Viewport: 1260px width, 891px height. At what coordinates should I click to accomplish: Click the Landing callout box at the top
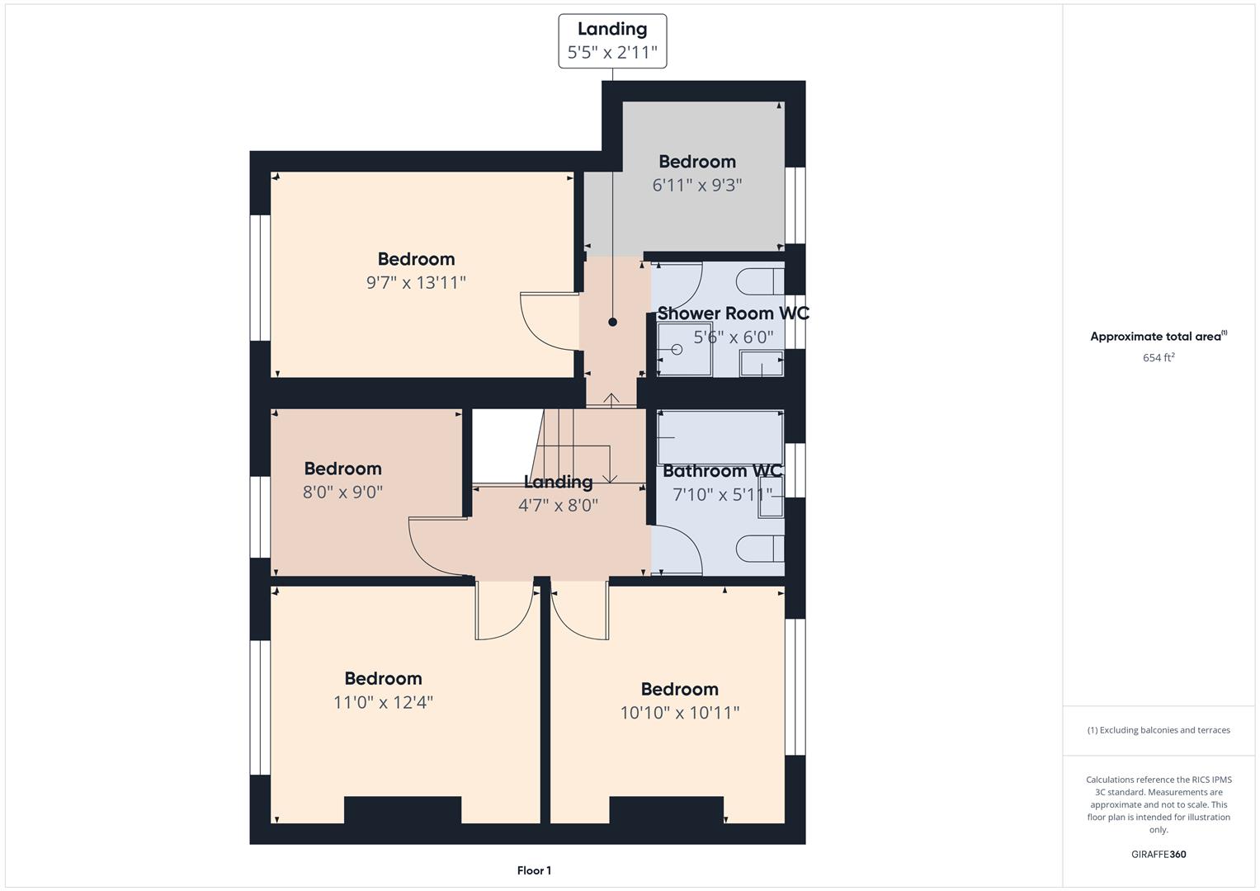(612, 41)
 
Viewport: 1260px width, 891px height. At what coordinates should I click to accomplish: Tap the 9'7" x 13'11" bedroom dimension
(416, 282)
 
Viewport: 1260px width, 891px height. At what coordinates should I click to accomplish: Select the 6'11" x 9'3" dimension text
(697, 185)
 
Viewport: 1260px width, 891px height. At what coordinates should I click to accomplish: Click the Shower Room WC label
(733, 313)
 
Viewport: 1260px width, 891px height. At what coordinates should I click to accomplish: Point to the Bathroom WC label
(722, 471)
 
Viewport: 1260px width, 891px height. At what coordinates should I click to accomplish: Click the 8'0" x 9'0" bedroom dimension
(342, 493)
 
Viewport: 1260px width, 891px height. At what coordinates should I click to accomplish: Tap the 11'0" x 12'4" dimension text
(383, 703)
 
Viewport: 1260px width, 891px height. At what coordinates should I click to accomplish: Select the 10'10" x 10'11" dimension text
(679, 714)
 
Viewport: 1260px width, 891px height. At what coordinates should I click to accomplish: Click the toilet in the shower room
(760, 281)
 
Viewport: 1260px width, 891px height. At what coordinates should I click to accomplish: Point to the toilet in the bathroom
(760, 549)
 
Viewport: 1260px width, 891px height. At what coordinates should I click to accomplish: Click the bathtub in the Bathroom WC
(720, 437)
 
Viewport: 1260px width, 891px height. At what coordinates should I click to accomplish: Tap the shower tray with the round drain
(685, 349)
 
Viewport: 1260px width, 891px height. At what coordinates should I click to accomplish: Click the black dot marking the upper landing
(612, 323)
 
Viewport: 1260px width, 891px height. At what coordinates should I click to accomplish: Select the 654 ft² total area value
(1159, 358)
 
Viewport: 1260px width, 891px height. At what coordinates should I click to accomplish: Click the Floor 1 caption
(534, 870)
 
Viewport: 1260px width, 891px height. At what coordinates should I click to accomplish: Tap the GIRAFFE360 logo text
(1159, 854)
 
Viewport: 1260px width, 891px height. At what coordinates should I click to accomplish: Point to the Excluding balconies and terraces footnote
(1159, 730)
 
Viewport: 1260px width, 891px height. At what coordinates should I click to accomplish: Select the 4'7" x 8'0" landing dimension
(558, 505)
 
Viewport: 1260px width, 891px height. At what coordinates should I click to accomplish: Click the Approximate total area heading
(1159, 336)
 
